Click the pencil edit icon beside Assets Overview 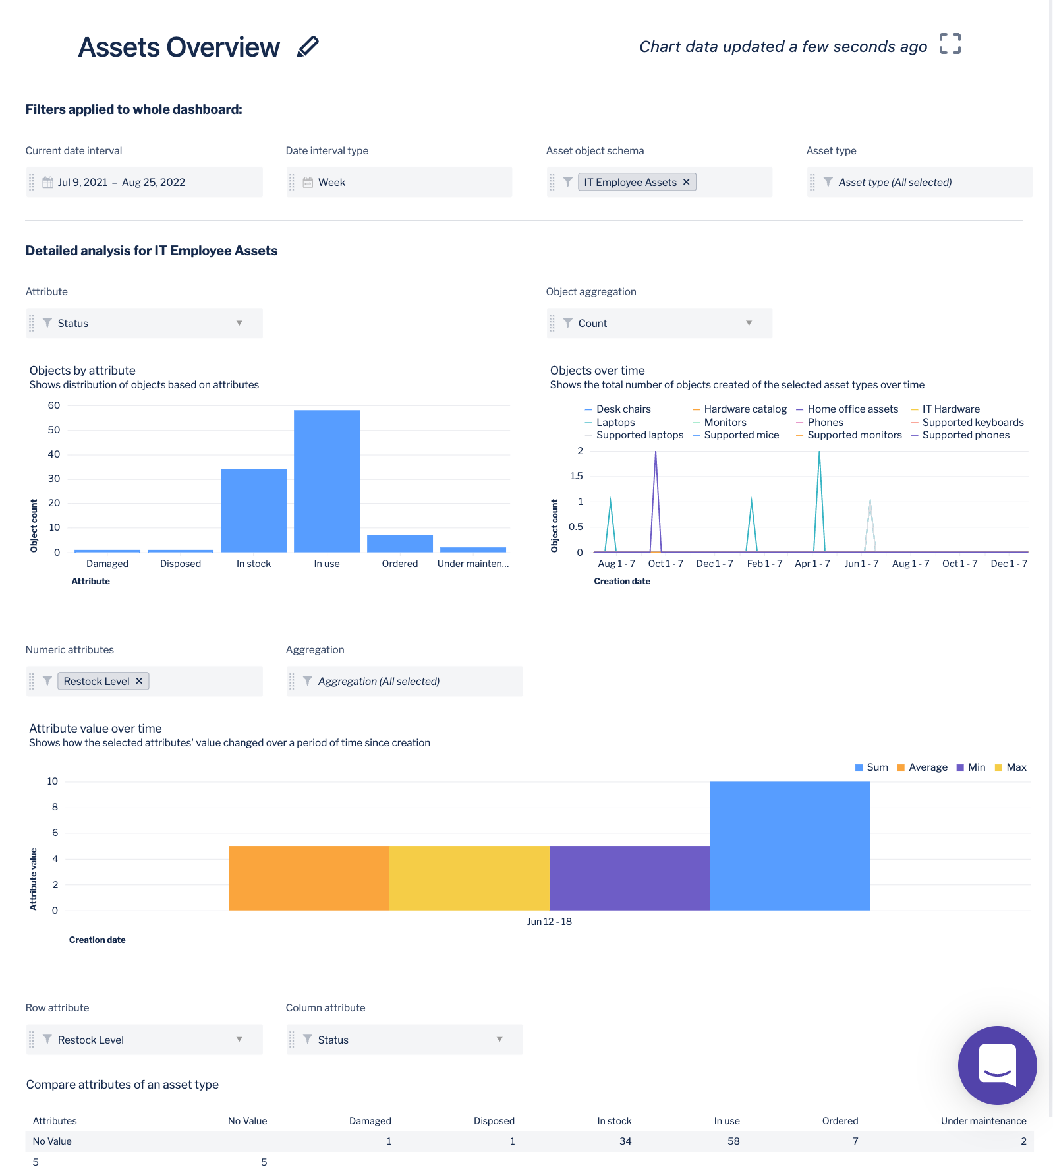[308, 47]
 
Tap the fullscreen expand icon [950, 44]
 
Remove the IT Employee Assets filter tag [686, 182]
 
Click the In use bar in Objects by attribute [327, 481]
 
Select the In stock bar [254, 510]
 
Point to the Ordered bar [400, 543]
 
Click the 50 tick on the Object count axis [54, 430]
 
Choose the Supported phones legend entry [965, 435]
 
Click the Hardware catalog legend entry [745, 409]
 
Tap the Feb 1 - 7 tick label [764, 564]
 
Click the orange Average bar [309, 878]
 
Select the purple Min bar [629, 878]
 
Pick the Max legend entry [1015, 767]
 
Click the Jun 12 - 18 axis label [549, 922]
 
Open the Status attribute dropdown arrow [239, 323]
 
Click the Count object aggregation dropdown [659, 323]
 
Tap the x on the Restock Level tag [139, 681]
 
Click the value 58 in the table [733, 1141]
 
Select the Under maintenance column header [982, 1121]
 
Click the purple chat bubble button [997, 1065]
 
